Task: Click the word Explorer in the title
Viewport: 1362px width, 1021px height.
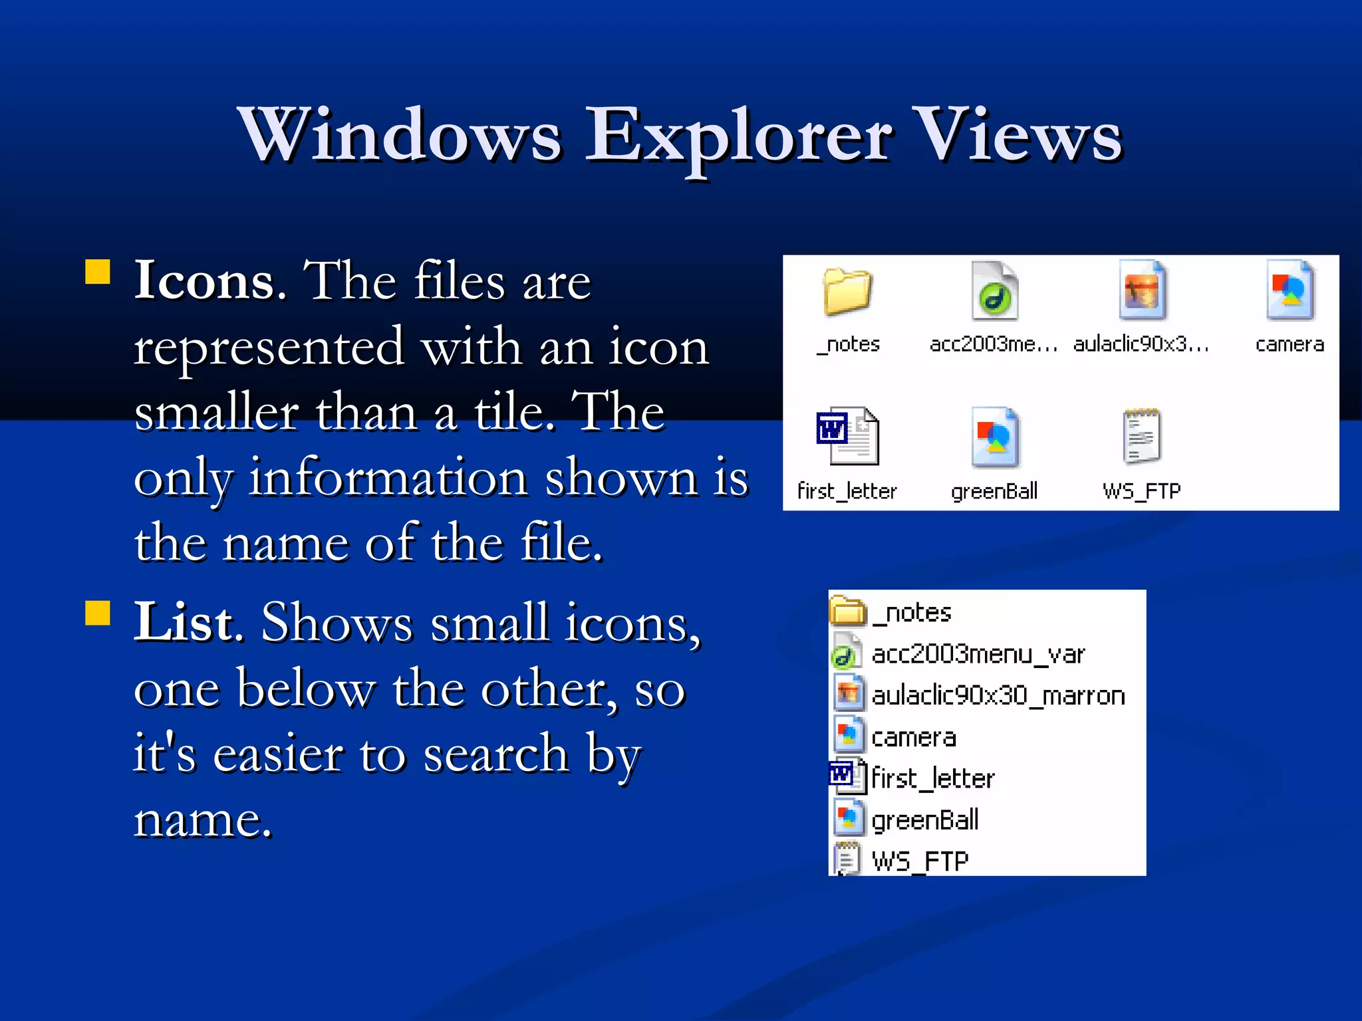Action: coord(738,136)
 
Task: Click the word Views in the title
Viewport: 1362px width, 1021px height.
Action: coord(1018,136)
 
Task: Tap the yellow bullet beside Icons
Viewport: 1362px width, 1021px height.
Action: coord(98,272)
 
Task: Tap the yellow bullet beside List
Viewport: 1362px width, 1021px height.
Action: coord(98,614)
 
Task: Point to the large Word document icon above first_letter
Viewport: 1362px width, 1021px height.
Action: coord(847,436)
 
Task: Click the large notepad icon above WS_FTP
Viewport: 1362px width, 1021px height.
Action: coord(1141,436)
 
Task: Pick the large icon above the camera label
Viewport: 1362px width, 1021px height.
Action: coord(1290,291)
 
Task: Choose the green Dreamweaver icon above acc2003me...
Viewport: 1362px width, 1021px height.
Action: coord(994,292)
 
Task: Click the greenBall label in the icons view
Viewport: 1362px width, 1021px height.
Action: coord(994,491)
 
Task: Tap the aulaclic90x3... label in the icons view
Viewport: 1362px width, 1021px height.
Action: coord(1141,344)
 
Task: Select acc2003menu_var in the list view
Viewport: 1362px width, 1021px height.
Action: coord(978,655)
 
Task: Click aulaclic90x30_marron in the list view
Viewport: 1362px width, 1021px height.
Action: coord(998,696)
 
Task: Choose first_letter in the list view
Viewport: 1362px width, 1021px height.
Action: coord(932,778)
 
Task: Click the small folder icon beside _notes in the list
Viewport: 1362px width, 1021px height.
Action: coord(848,612)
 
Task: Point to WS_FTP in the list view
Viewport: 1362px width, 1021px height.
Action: coord(920,861)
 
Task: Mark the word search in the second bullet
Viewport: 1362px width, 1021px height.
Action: coord(495,754)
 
